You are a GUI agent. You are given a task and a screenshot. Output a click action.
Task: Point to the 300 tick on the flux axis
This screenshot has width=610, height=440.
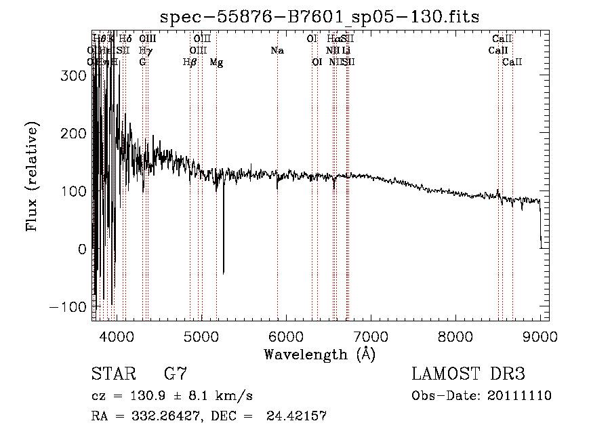pos(93,76)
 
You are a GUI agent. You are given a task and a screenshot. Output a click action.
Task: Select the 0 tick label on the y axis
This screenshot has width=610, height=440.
pos(82,249)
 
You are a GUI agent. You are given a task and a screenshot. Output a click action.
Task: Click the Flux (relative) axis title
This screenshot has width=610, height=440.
pos(32,177)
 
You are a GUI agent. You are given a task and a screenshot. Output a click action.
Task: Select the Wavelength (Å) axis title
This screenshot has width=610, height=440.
pos(320,354)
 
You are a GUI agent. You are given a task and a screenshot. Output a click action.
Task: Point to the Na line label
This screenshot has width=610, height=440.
pos(277,51)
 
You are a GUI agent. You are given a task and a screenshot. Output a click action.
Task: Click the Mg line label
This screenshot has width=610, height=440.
pos(216,62)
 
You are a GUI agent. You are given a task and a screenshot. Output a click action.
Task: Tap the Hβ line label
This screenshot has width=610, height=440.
pos(190,62)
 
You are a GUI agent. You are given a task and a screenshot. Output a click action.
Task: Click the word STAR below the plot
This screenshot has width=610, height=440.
pos(111,374)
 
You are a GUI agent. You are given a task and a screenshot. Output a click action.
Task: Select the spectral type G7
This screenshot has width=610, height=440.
pos(176,374)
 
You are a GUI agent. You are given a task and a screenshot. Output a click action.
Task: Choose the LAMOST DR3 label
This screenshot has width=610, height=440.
pos(468,374)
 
